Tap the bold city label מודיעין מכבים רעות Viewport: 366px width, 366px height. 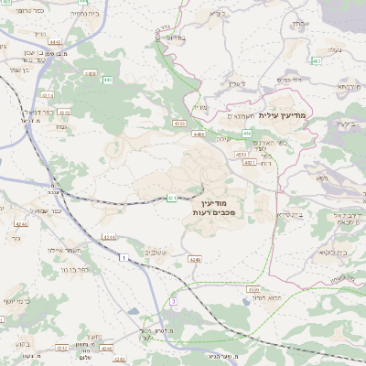pos(215,206)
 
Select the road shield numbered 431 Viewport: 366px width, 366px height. pos(171,198)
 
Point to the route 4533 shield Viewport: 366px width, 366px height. pos(180,124)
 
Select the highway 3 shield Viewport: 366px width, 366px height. pos(172,301)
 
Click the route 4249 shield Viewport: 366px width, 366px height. pos(194,260)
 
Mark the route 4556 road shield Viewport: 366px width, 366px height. pos(253,289)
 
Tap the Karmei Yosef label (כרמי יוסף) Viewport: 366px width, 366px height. pos(16,300)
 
